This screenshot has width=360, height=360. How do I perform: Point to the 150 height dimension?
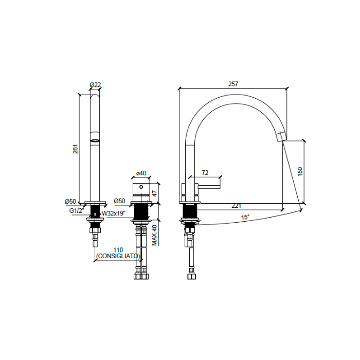click(x=300, y=172)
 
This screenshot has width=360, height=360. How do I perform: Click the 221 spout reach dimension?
click(x=236, y=206)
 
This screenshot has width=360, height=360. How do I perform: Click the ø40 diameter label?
click(x=141, y=174)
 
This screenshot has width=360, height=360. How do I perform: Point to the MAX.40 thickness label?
click(x=154, y=235)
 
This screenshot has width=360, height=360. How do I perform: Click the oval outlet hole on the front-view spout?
click(x=95, y=139)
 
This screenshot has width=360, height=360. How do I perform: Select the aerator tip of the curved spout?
click(x=281, y=136)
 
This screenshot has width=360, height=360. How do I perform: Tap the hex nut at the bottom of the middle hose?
click(x=141, y=276)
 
